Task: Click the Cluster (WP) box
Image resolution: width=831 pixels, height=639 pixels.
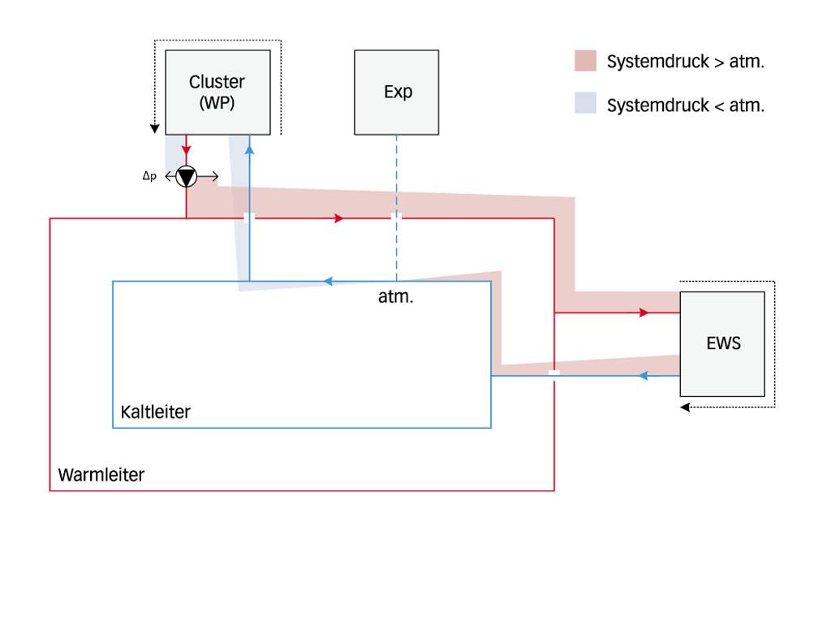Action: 217,92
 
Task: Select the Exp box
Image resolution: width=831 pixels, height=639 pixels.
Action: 397,92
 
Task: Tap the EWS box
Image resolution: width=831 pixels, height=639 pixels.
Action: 722,343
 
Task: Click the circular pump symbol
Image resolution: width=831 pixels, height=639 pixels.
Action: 187,176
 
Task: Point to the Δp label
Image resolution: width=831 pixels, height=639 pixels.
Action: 149,176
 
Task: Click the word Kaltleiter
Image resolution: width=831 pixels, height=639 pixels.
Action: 155,412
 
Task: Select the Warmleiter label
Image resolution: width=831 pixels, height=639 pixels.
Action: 101,475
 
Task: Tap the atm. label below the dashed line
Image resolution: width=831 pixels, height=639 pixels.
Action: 395,297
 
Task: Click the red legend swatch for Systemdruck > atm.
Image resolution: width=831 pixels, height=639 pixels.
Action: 585,61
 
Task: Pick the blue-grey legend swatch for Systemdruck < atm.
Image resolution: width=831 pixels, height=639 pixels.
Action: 585,104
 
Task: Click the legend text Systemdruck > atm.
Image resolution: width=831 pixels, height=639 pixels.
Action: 686,62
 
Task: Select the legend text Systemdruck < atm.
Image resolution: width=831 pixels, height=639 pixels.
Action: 686,106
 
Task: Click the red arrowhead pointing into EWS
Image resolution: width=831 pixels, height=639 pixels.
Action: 644,313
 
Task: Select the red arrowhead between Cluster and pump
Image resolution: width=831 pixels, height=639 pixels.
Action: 187,150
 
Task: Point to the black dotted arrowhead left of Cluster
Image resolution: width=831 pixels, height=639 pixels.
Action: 154,128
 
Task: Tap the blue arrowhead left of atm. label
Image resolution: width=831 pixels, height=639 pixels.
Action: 328,281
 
